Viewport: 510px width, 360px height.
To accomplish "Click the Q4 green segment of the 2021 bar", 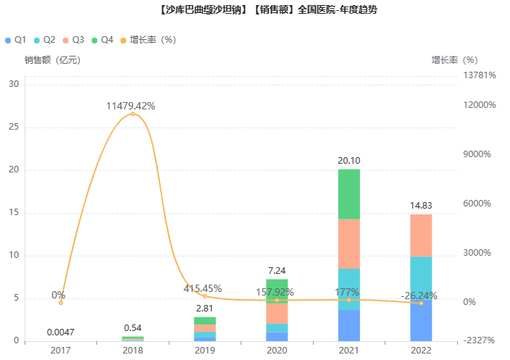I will click(x=348, y=194).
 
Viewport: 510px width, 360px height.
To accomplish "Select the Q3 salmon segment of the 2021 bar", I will click(x=348, y=243).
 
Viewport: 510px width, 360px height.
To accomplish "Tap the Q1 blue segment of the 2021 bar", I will click(x=348, y=325).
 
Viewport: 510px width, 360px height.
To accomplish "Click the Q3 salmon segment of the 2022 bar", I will click(x=421, y=235).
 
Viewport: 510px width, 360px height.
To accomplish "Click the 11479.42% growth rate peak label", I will click(x=130, y=106).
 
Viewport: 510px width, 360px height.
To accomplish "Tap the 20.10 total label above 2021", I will click(x=348, y=160).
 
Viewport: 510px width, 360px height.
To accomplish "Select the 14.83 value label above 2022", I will click(x=421, y=205).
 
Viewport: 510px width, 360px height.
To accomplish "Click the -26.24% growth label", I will click(x=419, y=296).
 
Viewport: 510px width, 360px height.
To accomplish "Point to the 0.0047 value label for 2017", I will click(x=60, y=332).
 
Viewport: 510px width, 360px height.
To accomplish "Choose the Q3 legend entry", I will click(x=73, y=40).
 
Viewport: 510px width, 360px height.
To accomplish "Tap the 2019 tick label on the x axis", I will click(x=204, y=350).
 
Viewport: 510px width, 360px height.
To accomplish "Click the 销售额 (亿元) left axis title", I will click(x=52, y=60).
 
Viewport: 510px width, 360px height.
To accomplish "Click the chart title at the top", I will click(x=255, y=10).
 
